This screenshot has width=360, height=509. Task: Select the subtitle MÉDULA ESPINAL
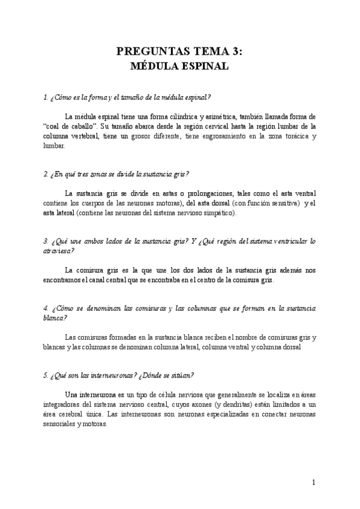click(x=180, y=67)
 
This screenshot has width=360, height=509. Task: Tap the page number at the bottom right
click(x=314, y=482)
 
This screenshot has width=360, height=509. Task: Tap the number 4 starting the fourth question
click(x=45, y=309)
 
